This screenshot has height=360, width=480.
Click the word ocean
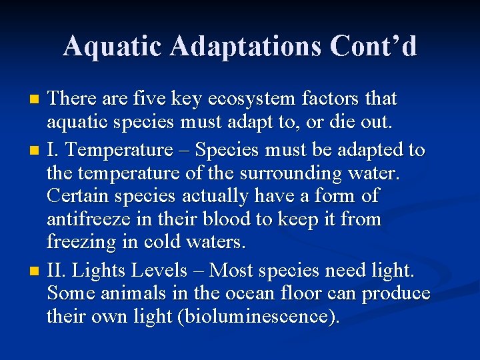(x=259, y=294)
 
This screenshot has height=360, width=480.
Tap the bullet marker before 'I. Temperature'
(x=35, y=151)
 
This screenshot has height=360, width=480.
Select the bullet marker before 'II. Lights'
(x=35, y=271)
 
